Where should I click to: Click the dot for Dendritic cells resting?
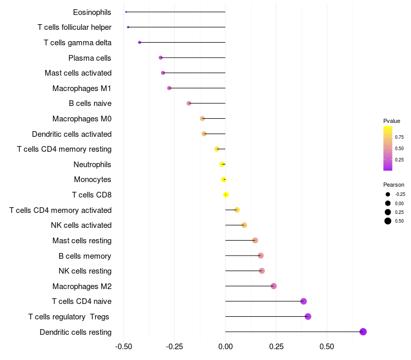coord(363,332)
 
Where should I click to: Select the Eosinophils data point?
coord(126,12)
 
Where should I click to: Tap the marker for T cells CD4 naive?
coord(304,301)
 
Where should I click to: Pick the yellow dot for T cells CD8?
coord(226,194)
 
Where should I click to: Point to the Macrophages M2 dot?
coord(273,286)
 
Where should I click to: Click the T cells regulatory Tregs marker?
coord(308,316)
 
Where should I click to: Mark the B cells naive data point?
coord(189,103)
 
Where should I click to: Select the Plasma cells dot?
coord(161,58)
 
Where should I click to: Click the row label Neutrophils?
coord(92,165)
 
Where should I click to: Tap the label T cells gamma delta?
coord(78,43)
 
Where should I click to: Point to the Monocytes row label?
coord(92,179)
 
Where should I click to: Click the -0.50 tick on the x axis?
coord(124,347)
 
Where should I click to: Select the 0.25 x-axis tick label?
coord(276,347)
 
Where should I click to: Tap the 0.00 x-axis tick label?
coord(226,347)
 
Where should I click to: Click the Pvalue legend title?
coord(391,121)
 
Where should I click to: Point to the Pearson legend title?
coord(394,185)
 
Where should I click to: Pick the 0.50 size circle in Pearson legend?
coord(388,221)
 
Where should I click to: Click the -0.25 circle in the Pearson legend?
coord(388,194)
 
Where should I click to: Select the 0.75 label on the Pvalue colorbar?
coord(399,137)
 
